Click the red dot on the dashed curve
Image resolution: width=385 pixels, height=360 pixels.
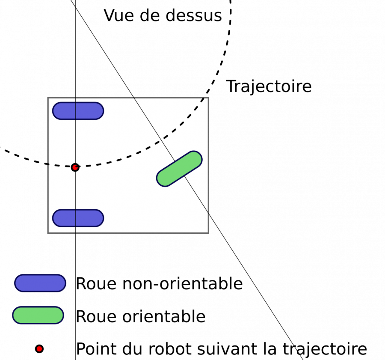point(75,167)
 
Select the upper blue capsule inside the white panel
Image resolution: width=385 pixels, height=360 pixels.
point(78,111)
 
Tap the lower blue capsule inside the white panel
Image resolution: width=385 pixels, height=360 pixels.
point(78,218)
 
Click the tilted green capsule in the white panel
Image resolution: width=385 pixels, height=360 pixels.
point(179,169)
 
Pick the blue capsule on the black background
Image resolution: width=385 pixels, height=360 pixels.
point(40,283)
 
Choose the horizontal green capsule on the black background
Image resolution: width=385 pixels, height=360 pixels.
point(38,315)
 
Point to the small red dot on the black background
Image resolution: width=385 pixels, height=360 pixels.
point(39,349)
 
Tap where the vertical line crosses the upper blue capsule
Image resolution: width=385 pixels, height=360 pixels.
point(76,111)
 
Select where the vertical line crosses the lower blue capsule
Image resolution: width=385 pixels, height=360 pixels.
point(76,218)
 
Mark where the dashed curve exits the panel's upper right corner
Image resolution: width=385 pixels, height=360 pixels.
point(203,99)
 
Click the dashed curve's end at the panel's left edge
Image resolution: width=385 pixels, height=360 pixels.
point(50,164)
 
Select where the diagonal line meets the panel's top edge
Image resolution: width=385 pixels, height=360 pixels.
point(134,99)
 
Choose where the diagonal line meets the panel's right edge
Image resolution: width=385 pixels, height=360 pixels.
point(207,211)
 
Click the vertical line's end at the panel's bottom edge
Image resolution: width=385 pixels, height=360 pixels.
point(76,232)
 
